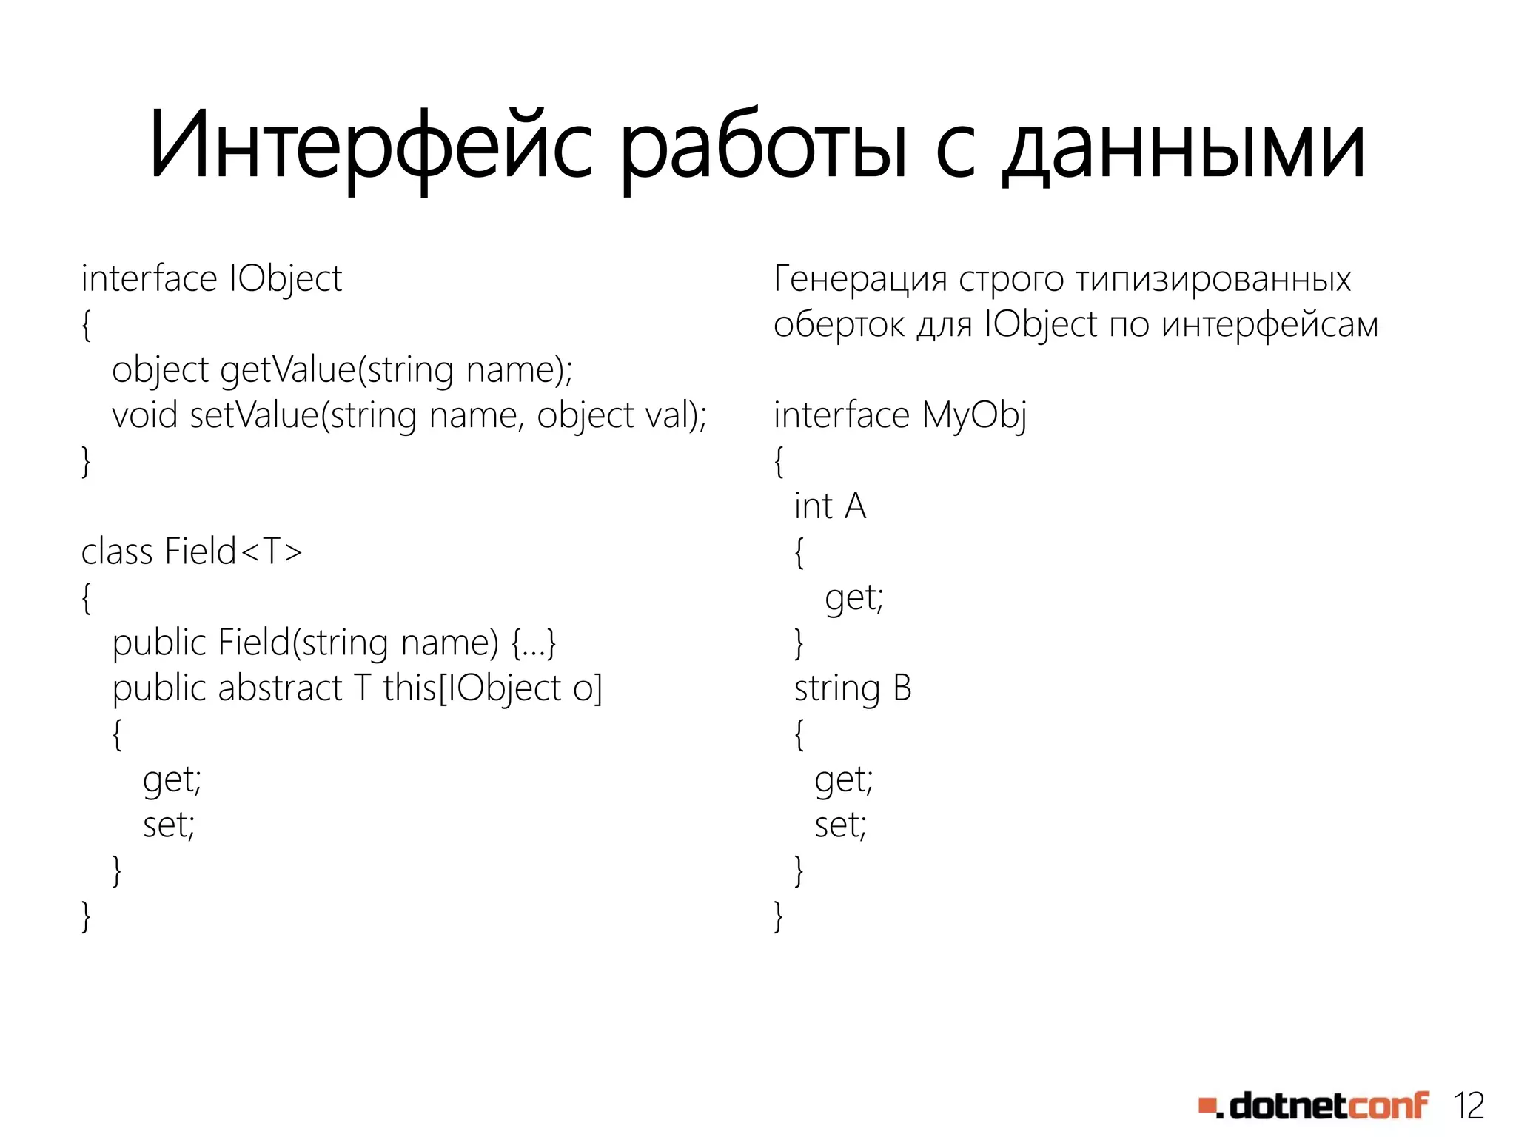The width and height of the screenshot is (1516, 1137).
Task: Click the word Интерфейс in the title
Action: (x=370, y=146)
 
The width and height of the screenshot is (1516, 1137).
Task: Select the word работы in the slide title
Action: (x=762, y=146)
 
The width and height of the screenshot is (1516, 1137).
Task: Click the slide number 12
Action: (x=1469, y=1106)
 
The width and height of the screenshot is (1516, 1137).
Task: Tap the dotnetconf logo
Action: (x=1314, y=1106)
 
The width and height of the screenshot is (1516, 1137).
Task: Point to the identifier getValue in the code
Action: (x=289, y=369)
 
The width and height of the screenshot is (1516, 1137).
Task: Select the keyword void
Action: (x=145, y=415)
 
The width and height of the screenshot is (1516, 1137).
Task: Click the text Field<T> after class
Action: (x=233, y=551)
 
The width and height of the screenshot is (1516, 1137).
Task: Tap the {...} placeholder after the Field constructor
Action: (x=534, y=643)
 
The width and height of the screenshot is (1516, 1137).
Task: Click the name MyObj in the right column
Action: (x=974, y=415)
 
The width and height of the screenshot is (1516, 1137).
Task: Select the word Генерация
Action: (x=860, y=279)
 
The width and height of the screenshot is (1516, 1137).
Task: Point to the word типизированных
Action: (x=1213, y=279)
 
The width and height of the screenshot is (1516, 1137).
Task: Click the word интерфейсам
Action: (x=1270, y=324)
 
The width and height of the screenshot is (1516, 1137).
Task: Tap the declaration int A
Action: (x=830, y=506)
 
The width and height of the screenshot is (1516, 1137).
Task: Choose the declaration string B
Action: (x=853, y=688)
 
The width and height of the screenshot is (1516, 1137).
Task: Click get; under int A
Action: (x=854, y=597)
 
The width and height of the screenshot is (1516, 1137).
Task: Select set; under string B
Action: (x=840, y=825)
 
